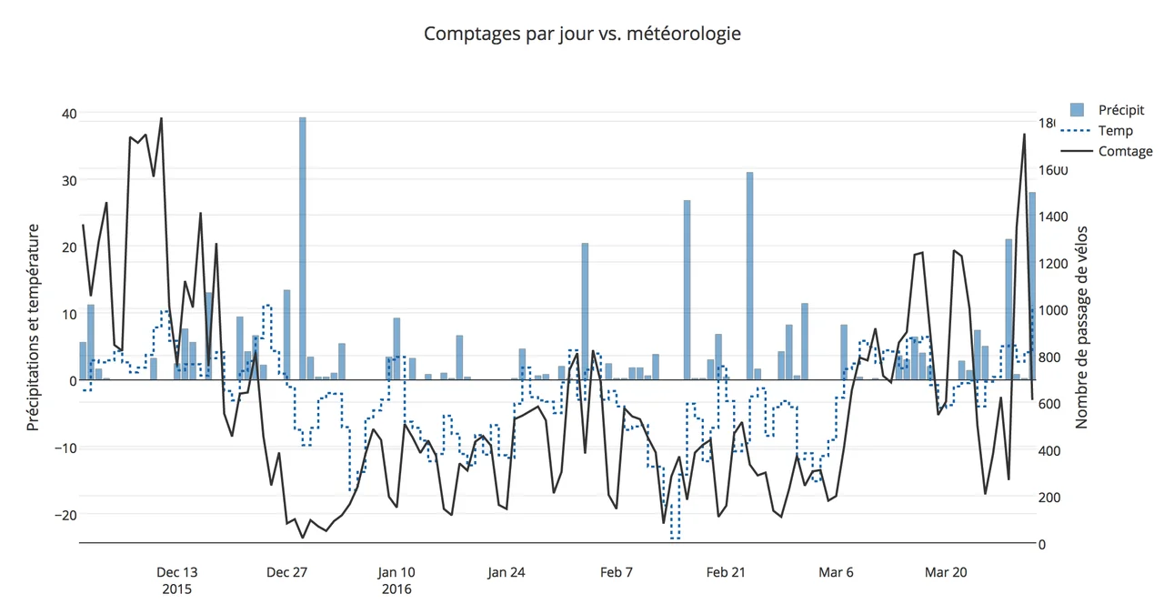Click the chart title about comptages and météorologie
tap(582, 34)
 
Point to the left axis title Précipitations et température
tap(33, 327)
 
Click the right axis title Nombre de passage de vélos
tap(1082, 327)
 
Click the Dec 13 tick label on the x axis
tap(176, 572)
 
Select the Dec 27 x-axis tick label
tap(286, 572)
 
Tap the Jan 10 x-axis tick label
tap(396, 572)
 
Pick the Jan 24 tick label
tap(507, 572)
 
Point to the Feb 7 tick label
tap(617, 572)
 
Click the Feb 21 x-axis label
tap(726, 572)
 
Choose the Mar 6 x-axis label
tap(836, 572)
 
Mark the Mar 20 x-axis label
tap(946, 572)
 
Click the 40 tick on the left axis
tap(69, 114)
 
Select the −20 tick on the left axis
tap(64, 515)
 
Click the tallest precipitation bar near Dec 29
tap(303, 246)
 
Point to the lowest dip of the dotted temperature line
tap(675, 538)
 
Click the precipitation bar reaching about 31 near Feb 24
tap(750, 273)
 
